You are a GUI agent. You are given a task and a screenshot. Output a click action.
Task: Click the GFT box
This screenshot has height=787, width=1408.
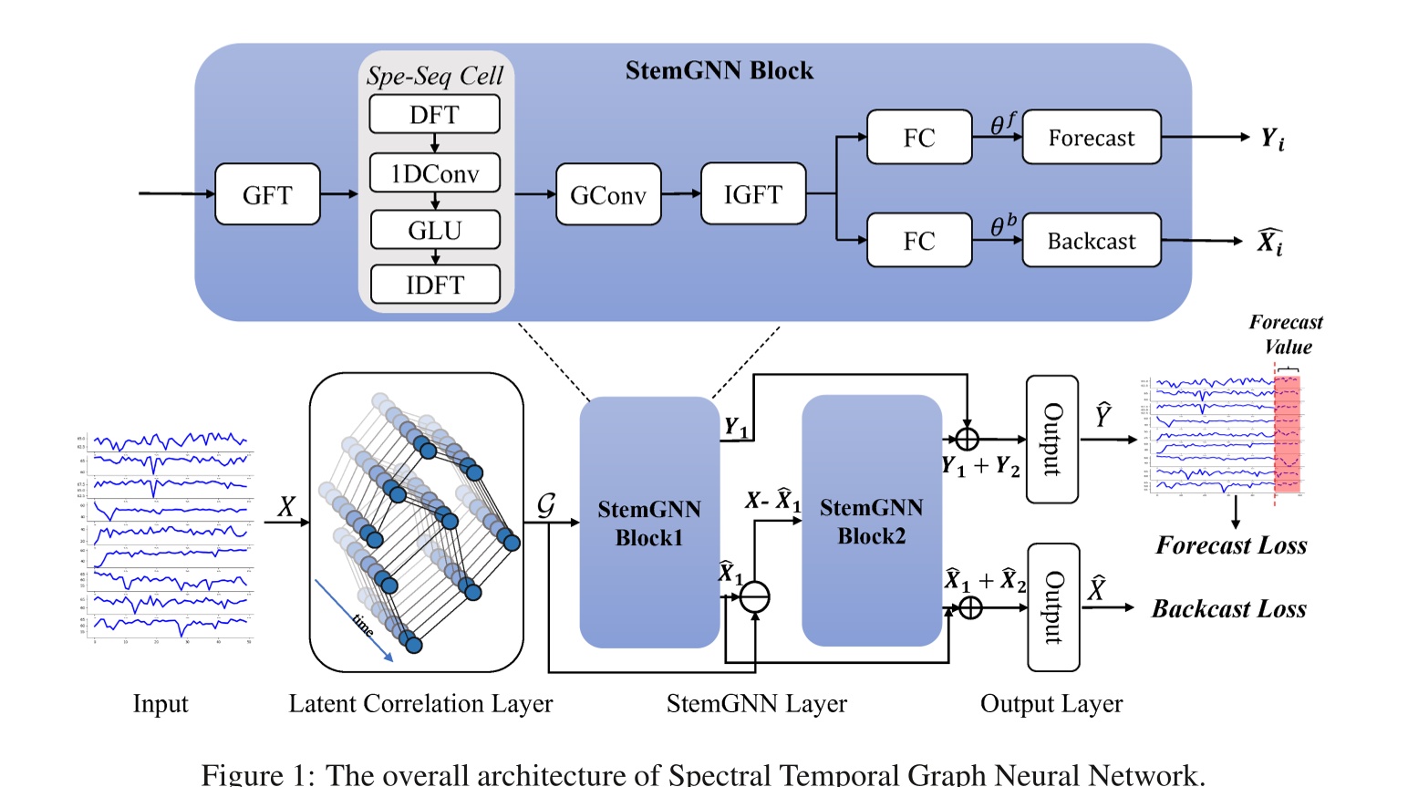267,194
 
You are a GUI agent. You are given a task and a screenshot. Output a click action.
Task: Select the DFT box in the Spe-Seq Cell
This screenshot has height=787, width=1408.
434,115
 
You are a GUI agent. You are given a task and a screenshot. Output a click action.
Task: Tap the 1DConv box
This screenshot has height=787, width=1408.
434,173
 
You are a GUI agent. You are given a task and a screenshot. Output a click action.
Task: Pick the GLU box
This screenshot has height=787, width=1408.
434,230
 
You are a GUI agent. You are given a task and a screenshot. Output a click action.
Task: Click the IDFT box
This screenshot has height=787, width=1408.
434,285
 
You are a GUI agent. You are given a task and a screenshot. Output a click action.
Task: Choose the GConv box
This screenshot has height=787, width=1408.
608,194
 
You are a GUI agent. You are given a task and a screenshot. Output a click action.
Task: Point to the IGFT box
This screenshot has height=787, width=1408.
752,194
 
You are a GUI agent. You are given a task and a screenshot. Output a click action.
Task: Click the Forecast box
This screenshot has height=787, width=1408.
1091,138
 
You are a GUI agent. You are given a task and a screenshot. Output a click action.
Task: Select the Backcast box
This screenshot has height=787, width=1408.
1091,241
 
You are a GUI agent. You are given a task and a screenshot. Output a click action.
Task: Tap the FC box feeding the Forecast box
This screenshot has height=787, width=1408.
919,138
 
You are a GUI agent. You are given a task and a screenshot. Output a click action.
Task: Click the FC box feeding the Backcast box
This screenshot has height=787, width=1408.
919,241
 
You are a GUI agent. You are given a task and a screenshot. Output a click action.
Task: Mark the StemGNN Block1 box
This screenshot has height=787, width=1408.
649,523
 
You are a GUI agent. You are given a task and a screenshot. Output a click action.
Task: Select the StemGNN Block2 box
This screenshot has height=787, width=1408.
871,521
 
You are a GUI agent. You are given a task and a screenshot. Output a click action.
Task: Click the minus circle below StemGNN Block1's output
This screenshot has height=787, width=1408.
754,597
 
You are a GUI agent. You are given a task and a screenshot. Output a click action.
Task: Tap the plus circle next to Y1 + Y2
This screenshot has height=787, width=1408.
967,440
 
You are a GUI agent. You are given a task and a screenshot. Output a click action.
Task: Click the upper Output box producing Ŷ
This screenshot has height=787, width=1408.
1051,440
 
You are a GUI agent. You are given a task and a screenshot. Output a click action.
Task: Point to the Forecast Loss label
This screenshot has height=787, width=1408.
1231,545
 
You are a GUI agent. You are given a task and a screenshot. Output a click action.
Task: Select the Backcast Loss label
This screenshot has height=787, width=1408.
1228,608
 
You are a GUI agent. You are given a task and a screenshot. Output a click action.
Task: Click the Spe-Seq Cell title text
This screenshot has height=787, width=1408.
434,76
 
